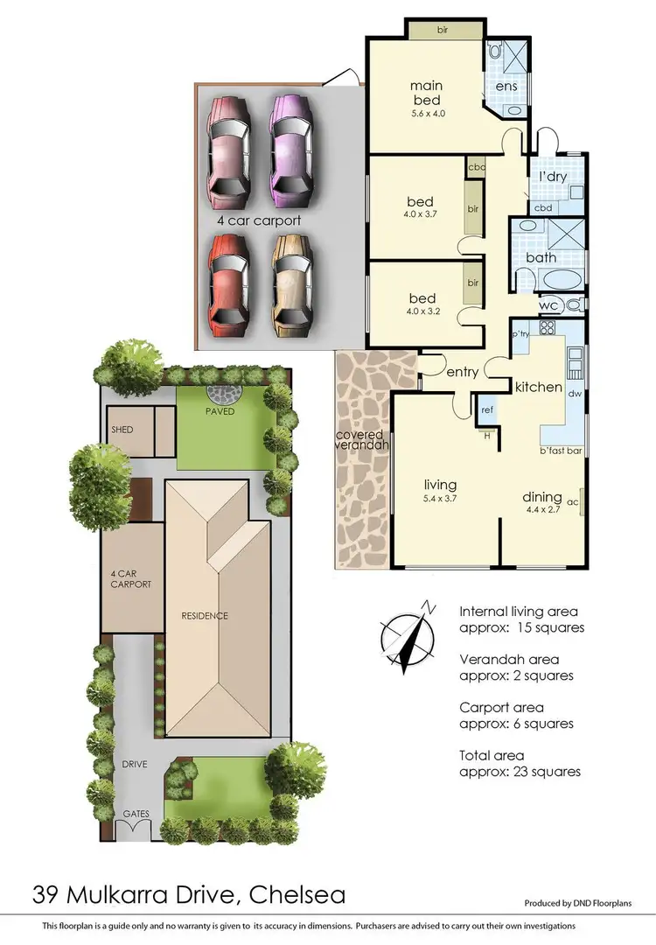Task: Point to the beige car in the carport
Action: [292, 285]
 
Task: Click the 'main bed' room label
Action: [426, 93]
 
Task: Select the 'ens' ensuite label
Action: [506, 86]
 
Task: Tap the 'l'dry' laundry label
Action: [553, 176]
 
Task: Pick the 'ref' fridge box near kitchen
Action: [485, 408]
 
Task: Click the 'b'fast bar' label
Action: [560, 451]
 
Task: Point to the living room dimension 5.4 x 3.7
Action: [441, 498]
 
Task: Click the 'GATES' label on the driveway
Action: [136, 814]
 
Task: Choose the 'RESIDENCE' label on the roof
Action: [206, 616]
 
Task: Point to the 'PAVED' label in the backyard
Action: [220, 411]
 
